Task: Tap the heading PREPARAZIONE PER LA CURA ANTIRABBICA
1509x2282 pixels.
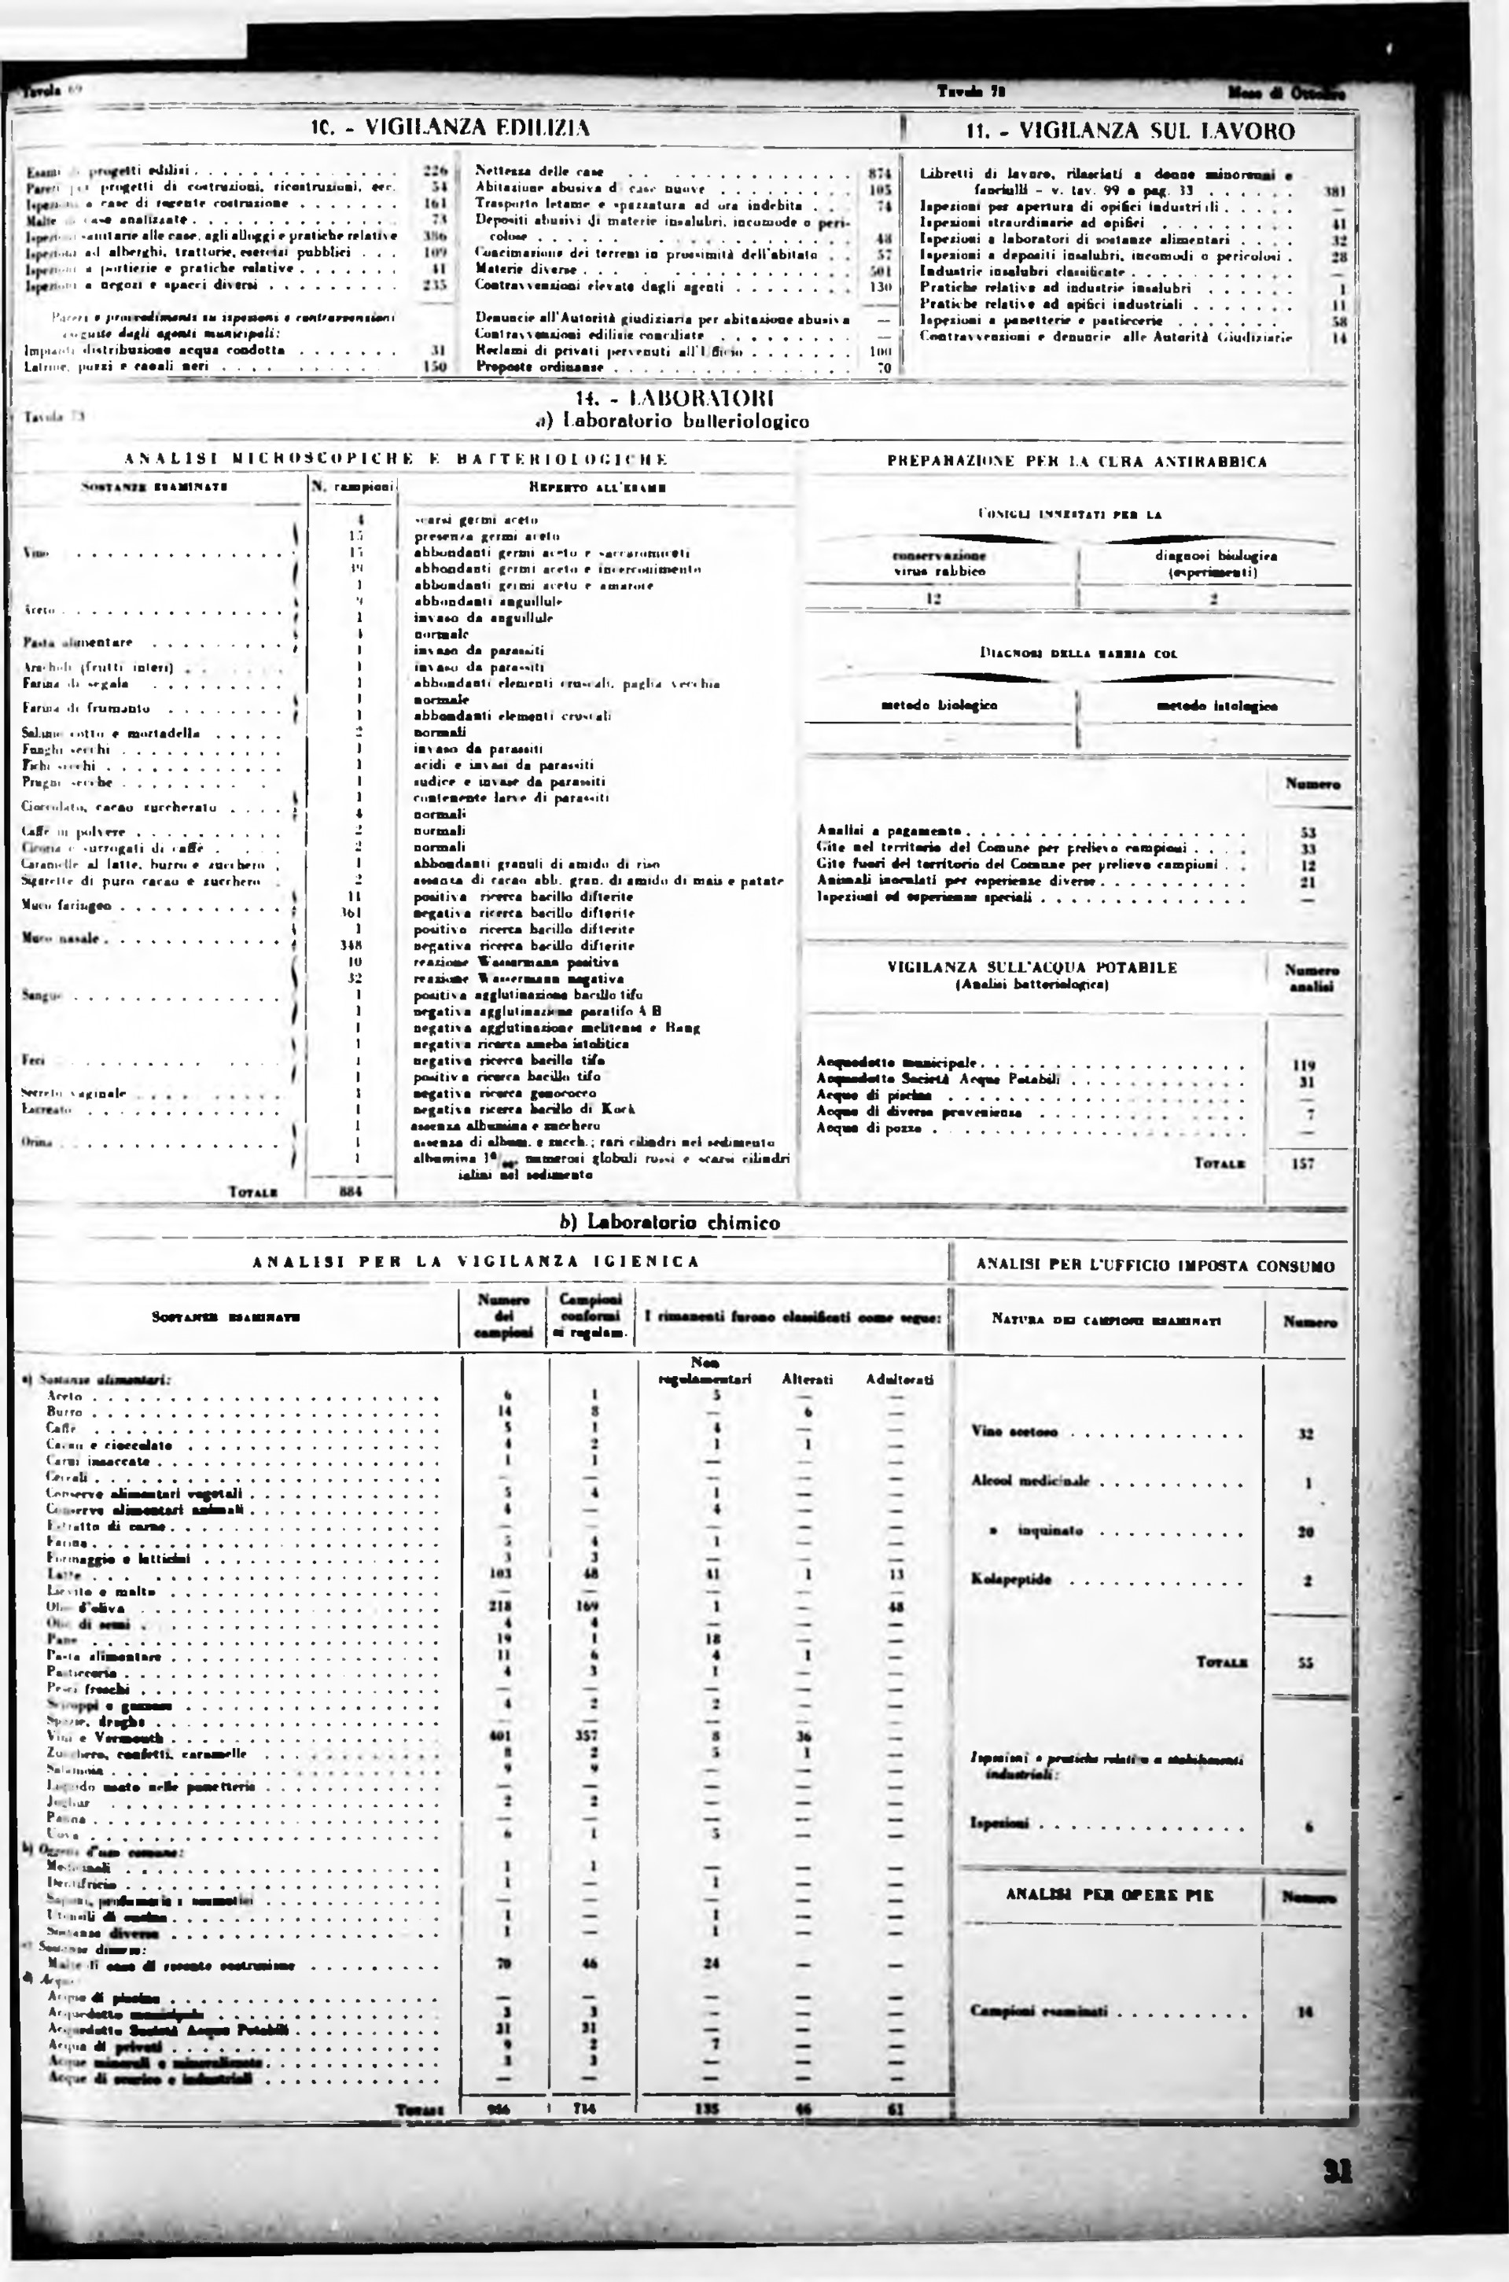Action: click(1077, 461)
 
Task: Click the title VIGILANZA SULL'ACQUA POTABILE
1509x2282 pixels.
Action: click(1032, 967)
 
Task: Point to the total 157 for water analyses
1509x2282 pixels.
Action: click(1304, 1163)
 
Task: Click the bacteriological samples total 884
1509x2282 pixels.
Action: click(350, 1191)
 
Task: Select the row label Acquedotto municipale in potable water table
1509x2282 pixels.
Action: click(896, 1062)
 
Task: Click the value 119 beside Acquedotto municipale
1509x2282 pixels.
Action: click(1305, 1065)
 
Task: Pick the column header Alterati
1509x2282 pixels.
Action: click(807, 1379)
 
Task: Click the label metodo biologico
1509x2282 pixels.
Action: click(939, 705)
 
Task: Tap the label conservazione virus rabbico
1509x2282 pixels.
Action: click(938, 563)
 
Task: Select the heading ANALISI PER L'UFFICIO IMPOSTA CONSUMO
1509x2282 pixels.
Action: click(1155, 1266)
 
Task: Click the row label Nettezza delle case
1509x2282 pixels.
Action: click(539, 171)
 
